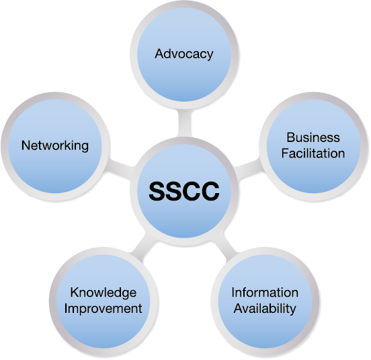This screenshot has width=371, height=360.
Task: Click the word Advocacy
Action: click(184, 55)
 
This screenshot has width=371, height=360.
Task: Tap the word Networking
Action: click(55, 145)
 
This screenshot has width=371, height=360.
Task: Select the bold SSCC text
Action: click(184, 191)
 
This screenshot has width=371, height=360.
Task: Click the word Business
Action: click(313, 137)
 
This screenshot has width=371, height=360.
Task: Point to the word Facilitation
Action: click(313, 153)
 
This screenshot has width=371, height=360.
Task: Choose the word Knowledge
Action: click(104, 293)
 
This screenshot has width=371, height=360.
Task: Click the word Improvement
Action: click(103, 309)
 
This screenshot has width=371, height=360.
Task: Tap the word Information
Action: click(265, 292)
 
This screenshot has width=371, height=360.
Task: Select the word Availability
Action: click(265, 309)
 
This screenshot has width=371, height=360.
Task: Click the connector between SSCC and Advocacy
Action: click(184, 122)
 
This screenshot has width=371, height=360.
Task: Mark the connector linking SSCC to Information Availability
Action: click(224, 247)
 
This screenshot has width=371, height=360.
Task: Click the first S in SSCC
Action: click(157, 191)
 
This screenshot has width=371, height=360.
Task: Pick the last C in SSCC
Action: click(210, 191)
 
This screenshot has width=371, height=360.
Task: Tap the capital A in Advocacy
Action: click(159, 54)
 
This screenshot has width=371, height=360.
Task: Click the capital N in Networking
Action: click(26, 145)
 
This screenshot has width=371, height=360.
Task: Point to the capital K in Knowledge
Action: click(75, 292)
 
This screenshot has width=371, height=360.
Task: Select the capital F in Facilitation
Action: click(285, 153)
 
